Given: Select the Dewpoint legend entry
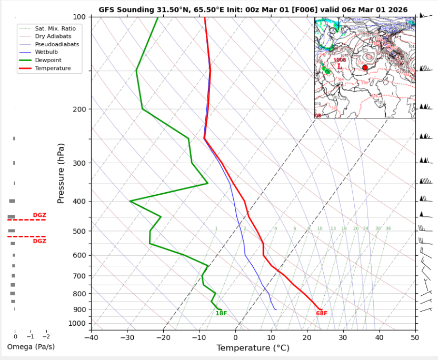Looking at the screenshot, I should click(49, 61).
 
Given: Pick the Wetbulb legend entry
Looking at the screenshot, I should click(46, 53).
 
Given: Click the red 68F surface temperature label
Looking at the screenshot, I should click(322, 314).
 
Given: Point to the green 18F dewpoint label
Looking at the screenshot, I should click(221, 314).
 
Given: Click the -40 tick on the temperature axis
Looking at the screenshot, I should click(91, 337).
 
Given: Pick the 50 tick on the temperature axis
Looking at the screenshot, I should click(415, 337).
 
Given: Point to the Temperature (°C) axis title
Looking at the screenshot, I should click(253, 348).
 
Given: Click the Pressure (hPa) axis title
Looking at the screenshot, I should click(61, 173).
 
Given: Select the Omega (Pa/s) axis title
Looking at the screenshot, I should click(31, 347).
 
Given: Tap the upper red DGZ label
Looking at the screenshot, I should click(39, 215).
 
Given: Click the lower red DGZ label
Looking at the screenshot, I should click(39, 242).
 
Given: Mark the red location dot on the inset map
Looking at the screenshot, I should click(365, 68).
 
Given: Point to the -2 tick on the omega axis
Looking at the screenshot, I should click(46, 336).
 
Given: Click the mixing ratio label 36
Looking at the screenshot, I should click(388, 228).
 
